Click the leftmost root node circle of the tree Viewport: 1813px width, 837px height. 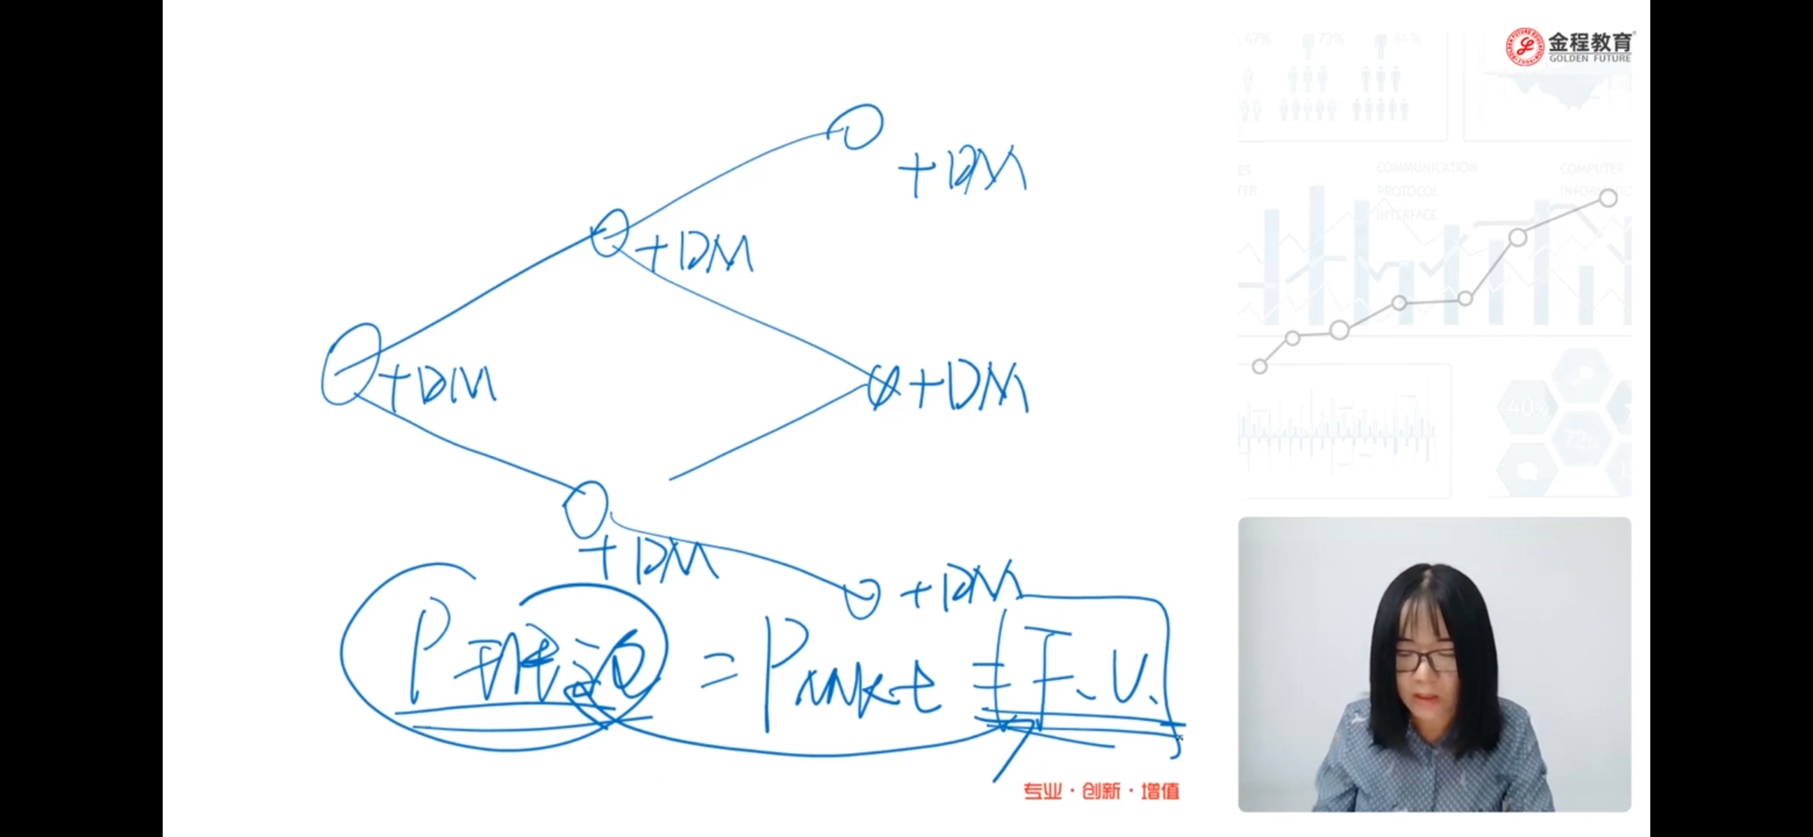coord(350,364)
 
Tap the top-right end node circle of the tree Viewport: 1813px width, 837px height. coord(855,127)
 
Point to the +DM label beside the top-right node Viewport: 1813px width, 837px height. coord(963,170)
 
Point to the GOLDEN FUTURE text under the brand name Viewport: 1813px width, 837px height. coord(1590,59)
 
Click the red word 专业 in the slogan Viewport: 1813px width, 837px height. coord(1042,791)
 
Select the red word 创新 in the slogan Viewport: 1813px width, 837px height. coord(1101,791)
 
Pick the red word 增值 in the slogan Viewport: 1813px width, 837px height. coord(1160,791)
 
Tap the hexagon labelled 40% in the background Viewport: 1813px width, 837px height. coord(1525,407)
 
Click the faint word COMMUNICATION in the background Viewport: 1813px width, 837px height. coord(1426,167)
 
